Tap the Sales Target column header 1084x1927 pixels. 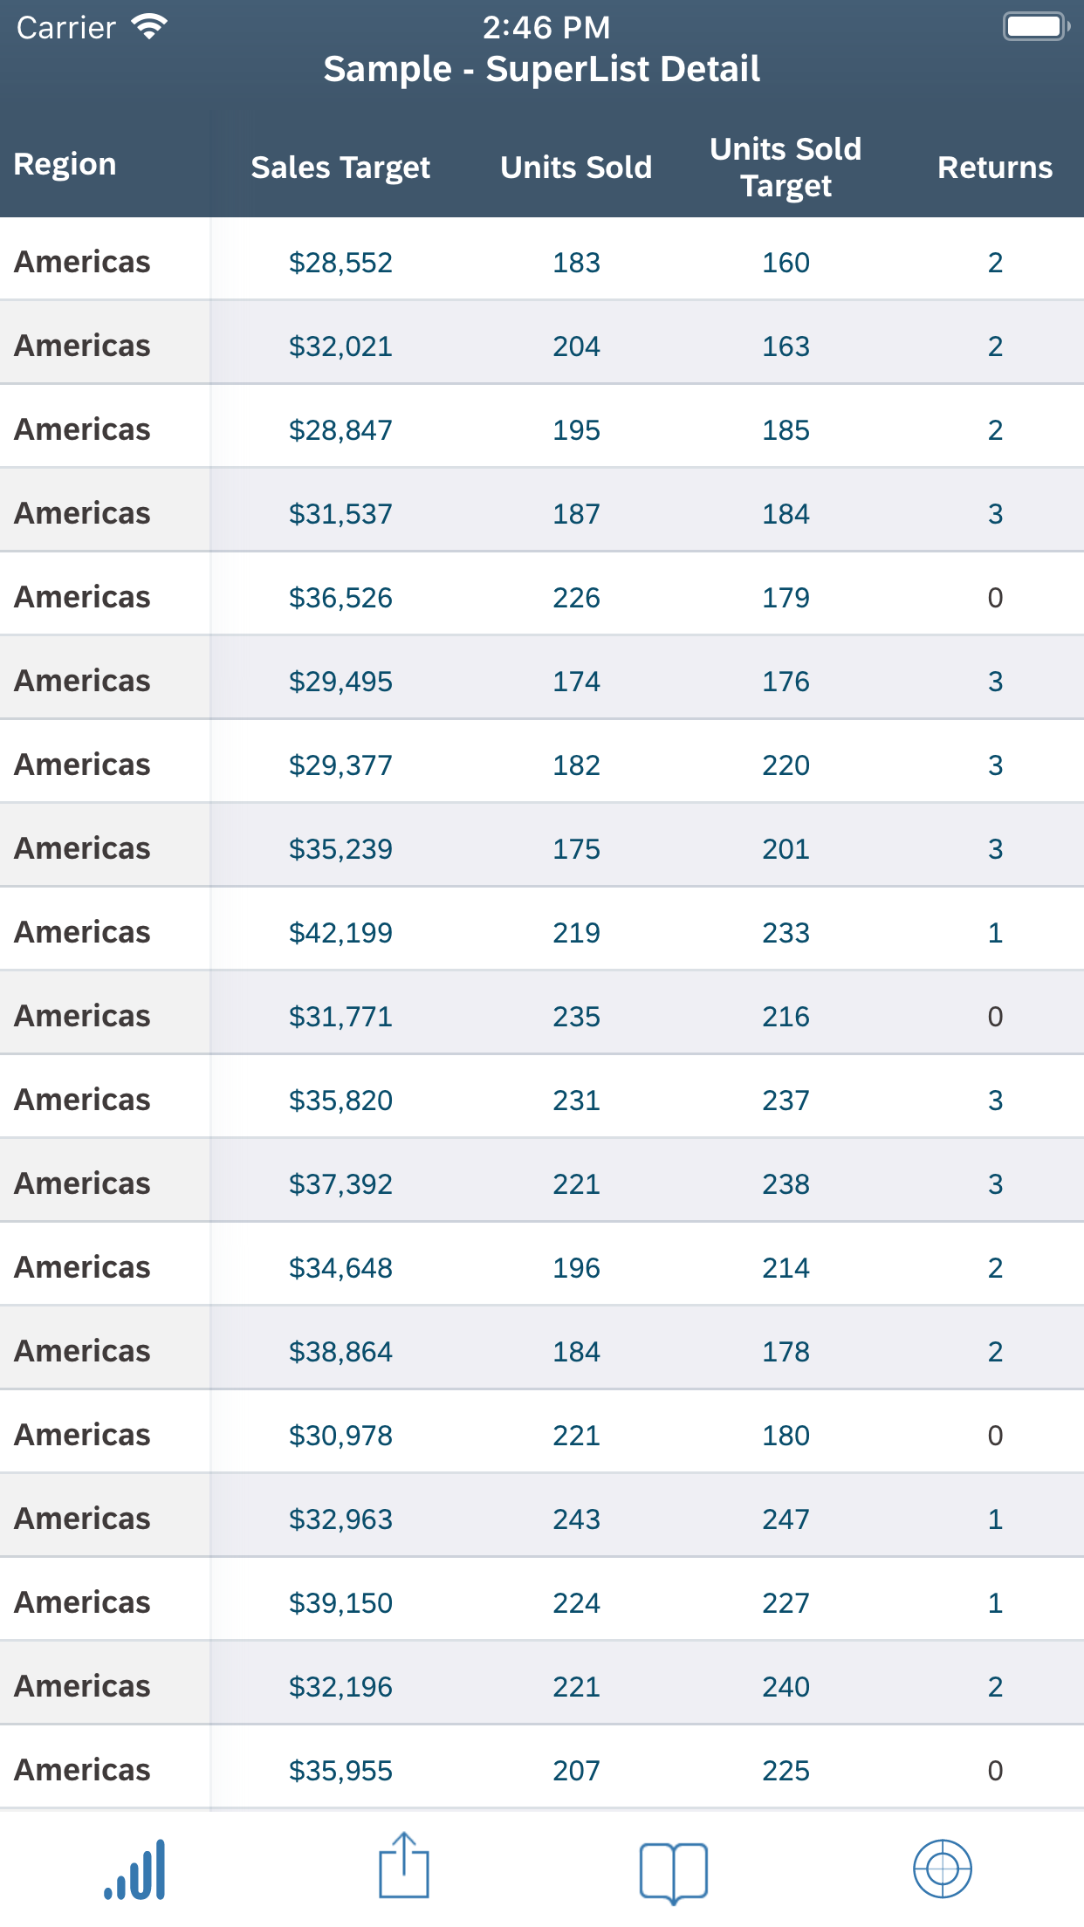click(340, 167)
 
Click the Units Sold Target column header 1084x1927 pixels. click(786, 167)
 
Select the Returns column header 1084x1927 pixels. click(994, 167)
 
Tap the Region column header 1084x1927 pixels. click(65, 164)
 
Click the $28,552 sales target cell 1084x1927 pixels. click(340, 263)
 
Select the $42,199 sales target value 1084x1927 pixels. click(340, 933)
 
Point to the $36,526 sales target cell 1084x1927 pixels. click(340, 598)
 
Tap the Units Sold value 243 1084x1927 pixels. click(576, 1519)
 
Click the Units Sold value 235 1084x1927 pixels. click(576, 1017)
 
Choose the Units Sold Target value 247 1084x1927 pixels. click(786, 1519)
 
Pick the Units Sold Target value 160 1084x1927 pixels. click(786, 263)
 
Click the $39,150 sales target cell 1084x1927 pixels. click(340, 1603)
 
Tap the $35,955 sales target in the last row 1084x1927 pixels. click(340, 1771)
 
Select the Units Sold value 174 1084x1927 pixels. click(576, 682)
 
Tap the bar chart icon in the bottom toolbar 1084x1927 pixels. click(135, 1869)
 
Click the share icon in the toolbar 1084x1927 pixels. click(404, 1867)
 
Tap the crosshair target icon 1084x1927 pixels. click(942, 1869)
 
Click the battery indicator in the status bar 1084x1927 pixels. click(1036, 26)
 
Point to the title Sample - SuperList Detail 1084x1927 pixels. click(541, 69)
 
